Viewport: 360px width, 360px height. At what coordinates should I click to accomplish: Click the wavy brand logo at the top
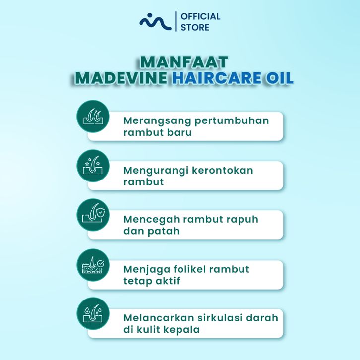tap(155, 22)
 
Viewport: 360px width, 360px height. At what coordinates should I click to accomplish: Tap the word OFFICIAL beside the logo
tap(200, 16)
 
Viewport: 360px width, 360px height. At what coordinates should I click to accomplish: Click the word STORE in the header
tap(195, 27)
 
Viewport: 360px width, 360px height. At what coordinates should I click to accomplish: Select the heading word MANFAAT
tap(184, 62)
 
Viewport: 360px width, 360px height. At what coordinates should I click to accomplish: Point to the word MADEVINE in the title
tap(121, 78)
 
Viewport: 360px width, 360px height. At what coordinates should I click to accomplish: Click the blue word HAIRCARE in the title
tap(217, 78)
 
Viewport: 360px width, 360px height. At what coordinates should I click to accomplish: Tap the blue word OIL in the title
tap(280, 78)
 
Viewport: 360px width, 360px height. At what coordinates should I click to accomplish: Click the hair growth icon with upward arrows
tap(93, 117)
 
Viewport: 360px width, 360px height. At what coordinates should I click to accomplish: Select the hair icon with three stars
tap(93, 166)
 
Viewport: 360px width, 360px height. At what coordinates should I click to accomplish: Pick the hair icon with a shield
tap(93, 215)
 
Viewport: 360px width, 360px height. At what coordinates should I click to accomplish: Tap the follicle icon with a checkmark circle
tap(93, 265)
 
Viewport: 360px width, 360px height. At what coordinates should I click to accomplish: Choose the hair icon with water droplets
tap(93, 313)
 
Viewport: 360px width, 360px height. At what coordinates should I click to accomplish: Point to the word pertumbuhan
tap(232, 121)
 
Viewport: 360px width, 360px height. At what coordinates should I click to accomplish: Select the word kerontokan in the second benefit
tap(223, 171)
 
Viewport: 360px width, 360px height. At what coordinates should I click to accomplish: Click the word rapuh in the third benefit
tap(242, 220)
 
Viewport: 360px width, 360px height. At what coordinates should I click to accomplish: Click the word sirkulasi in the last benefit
tap(220, 318)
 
